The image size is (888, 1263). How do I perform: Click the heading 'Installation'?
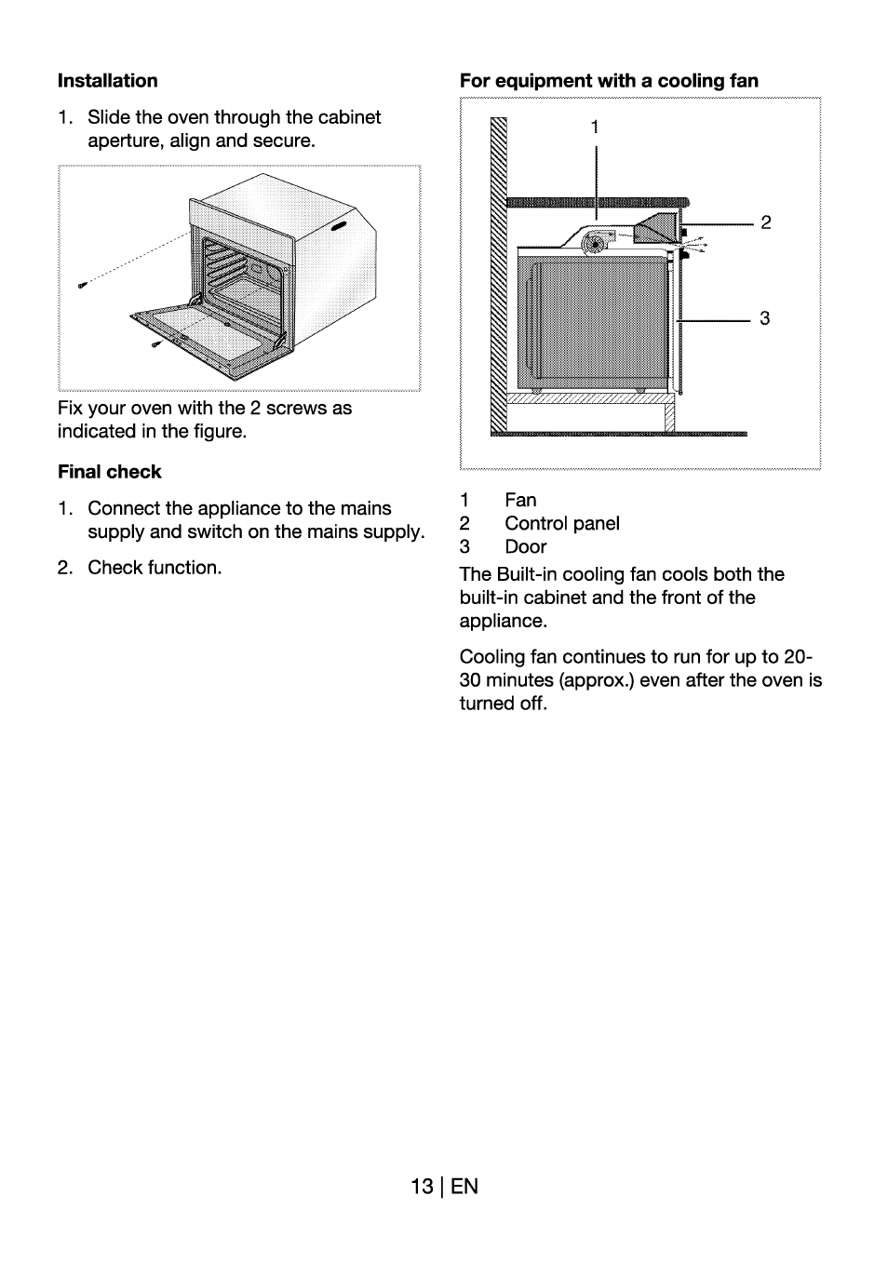click(x=107, y=81)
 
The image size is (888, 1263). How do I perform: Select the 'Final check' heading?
click(x=109, y=472)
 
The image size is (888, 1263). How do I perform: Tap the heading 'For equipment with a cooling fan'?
click(x=609, y=81)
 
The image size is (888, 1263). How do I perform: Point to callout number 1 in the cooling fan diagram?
click(x=595, y=128)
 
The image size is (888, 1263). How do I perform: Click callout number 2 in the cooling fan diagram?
click(x=765, y=222)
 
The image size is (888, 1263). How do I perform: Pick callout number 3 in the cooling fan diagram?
click(x=764, y=318)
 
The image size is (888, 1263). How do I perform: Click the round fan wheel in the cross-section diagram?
click(x=593, y=245)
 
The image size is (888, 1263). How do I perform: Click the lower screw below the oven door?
click(x=156, y=344)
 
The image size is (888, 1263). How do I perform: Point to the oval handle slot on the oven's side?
click(x=337, y=227)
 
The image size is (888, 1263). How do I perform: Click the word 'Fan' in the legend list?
click(x=520, y=501)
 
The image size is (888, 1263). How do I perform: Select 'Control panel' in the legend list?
click(x=561, y=524)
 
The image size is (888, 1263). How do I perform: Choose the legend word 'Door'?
click(x=525, y=547)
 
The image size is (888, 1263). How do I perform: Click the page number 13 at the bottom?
click(x=421, y=1187)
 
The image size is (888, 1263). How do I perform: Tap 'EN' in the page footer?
click(x=464, y=1187)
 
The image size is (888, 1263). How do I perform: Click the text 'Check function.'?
click(x=155, y=568)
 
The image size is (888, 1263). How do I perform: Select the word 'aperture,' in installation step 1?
click(x=126, y=141)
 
